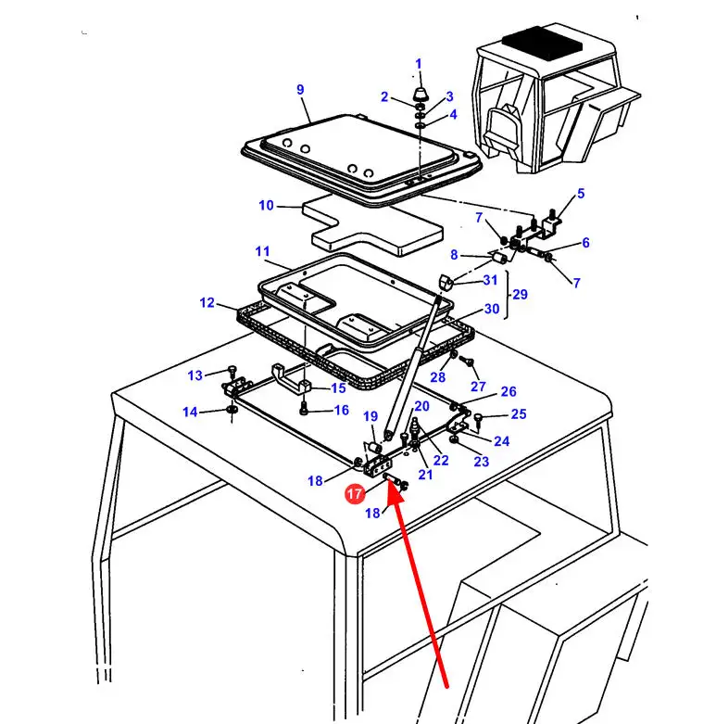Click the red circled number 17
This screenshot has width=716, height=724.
click(355, 493)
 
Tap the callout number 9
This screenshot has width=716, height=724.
click(300, 89)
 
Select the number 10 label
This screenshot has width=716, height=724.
click(266, 205)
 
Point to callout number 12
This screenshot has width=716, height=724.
click(207, 302)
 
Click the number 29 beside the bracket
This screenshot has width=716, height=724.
click(520, 294)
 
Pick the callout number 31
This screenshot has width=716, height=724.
click(490, 280)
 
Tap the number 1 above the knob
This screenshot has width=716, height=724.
click(419, 64)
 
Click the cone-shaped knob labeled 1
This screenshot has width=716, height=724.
click(419, 95)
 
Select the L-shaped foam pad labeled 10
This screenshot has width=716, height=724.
click(371, 226)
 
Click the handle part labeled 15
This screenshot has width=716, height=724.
click(291, 377)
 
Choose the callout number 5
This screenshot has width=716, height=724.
click(581, 194)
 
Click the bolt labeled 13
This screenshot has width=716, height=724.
click(232, 371)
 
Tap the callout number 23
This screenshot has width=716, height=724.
click(481, 461)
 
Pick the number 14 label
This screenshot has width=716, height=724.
click(190, 412)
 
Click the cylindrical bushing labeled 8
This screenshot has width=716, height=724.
click(499, 257)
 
